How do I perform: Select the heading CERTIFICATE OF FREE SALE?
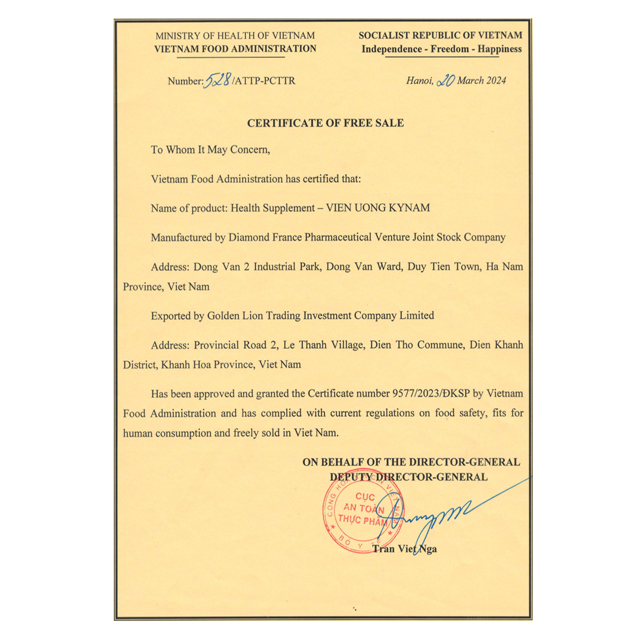click(325, 123)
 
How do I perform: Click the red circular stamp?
click(360, 516)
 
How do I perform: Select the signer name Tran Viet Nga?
click(404, 548)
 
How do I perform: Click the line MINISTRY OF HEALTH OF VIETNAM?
click(235, 36)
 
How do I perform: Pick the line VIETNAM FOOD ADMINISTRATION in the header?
click(235, 49)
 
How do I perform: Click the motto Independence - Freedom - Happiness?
click(441, 49)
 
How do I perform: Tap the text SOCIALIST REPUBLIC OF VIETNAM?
click(441, 36)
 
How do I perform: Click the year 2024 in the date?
click(495, 81)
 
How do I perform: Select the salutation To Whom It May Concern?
click(211, 149)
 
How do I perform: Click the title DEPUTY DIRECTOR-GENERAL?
click(409, 476)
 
